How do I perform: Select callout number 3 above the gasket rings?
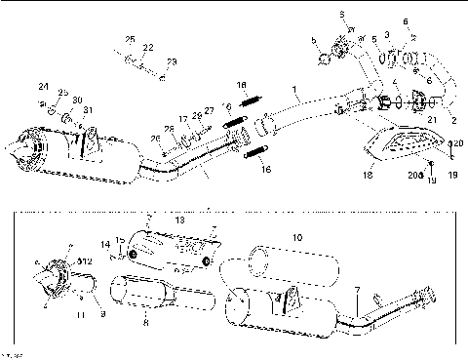click(x=387, y=34)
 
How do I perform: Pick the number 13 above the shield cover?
click(x=178, y=221)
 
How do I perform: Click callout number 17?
click(x=182, y=118)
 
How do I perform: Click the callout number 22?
click(x=148, y=47)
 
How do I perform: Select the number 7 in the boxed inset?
click(x=358, y=292)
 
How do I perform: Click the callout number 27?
click(x=210, y=111)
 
